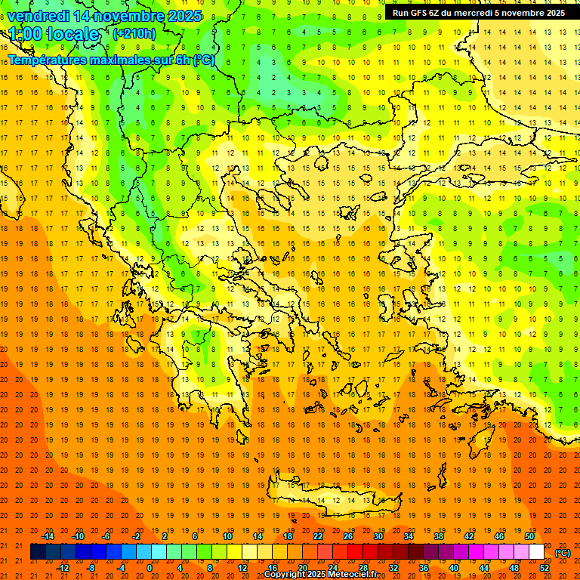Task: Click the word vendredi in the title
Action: coord(39,16)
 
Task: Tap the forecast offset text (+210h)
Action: coord(134,34)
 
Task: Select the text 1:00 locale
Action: coord(54,34)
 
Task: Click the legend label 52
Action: coord(545,568)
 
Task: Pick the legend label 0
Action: coord(150,568)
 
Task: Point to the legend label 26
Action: coord(348,536)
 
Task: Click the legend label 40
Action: coord(454,568)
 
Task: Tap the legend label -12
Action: coord(63,568)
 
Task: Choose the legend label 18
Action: coord(288,536)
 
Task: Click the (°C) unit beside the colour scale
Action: coord(563,553)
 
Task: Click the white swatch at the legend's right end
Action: coord(536,552)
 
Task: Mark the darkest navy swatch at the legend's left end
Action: coord(38,552)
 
